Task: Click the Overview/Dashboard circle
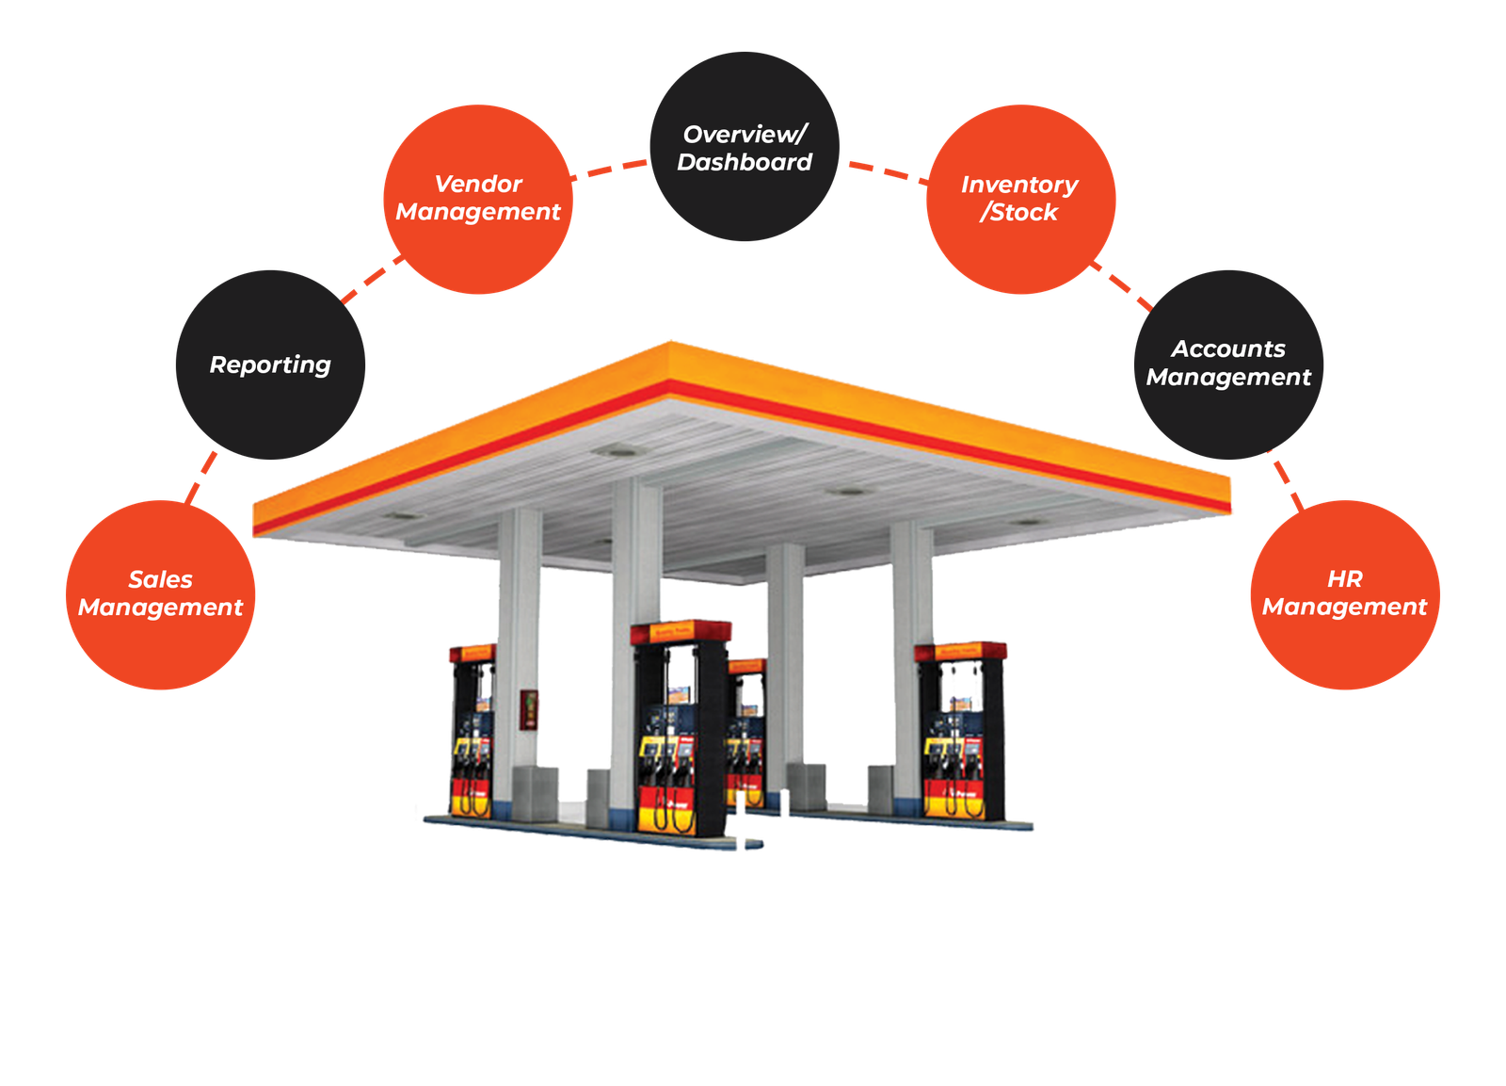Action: click(x=744, y=147)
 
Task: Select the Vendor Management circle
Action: click(x=478, y=199)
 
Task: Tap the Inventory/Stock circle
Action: click(x=1020, y=199)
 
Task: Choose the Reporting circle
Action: click(x=270, y=365)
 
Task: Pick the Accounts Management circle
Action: click(x=1228, y=365)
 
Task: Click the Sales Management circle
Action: click(x=160, y=595)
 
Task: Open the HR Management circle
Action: click(x=1344, y=595)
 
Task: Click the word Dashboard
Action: click(x=744, y=162)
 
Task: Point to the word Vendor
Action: click(x=478, y=184)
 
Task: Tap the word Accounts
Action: click(x=1228, y=349)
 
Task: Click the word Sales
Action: click(x=160, y=579)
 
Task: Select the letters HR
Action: click(x=1344, y=578)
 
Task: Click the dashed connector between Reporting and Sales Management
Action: click(x=202, y=478)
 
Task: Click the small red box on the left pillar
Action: click(x=530, y=708)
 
